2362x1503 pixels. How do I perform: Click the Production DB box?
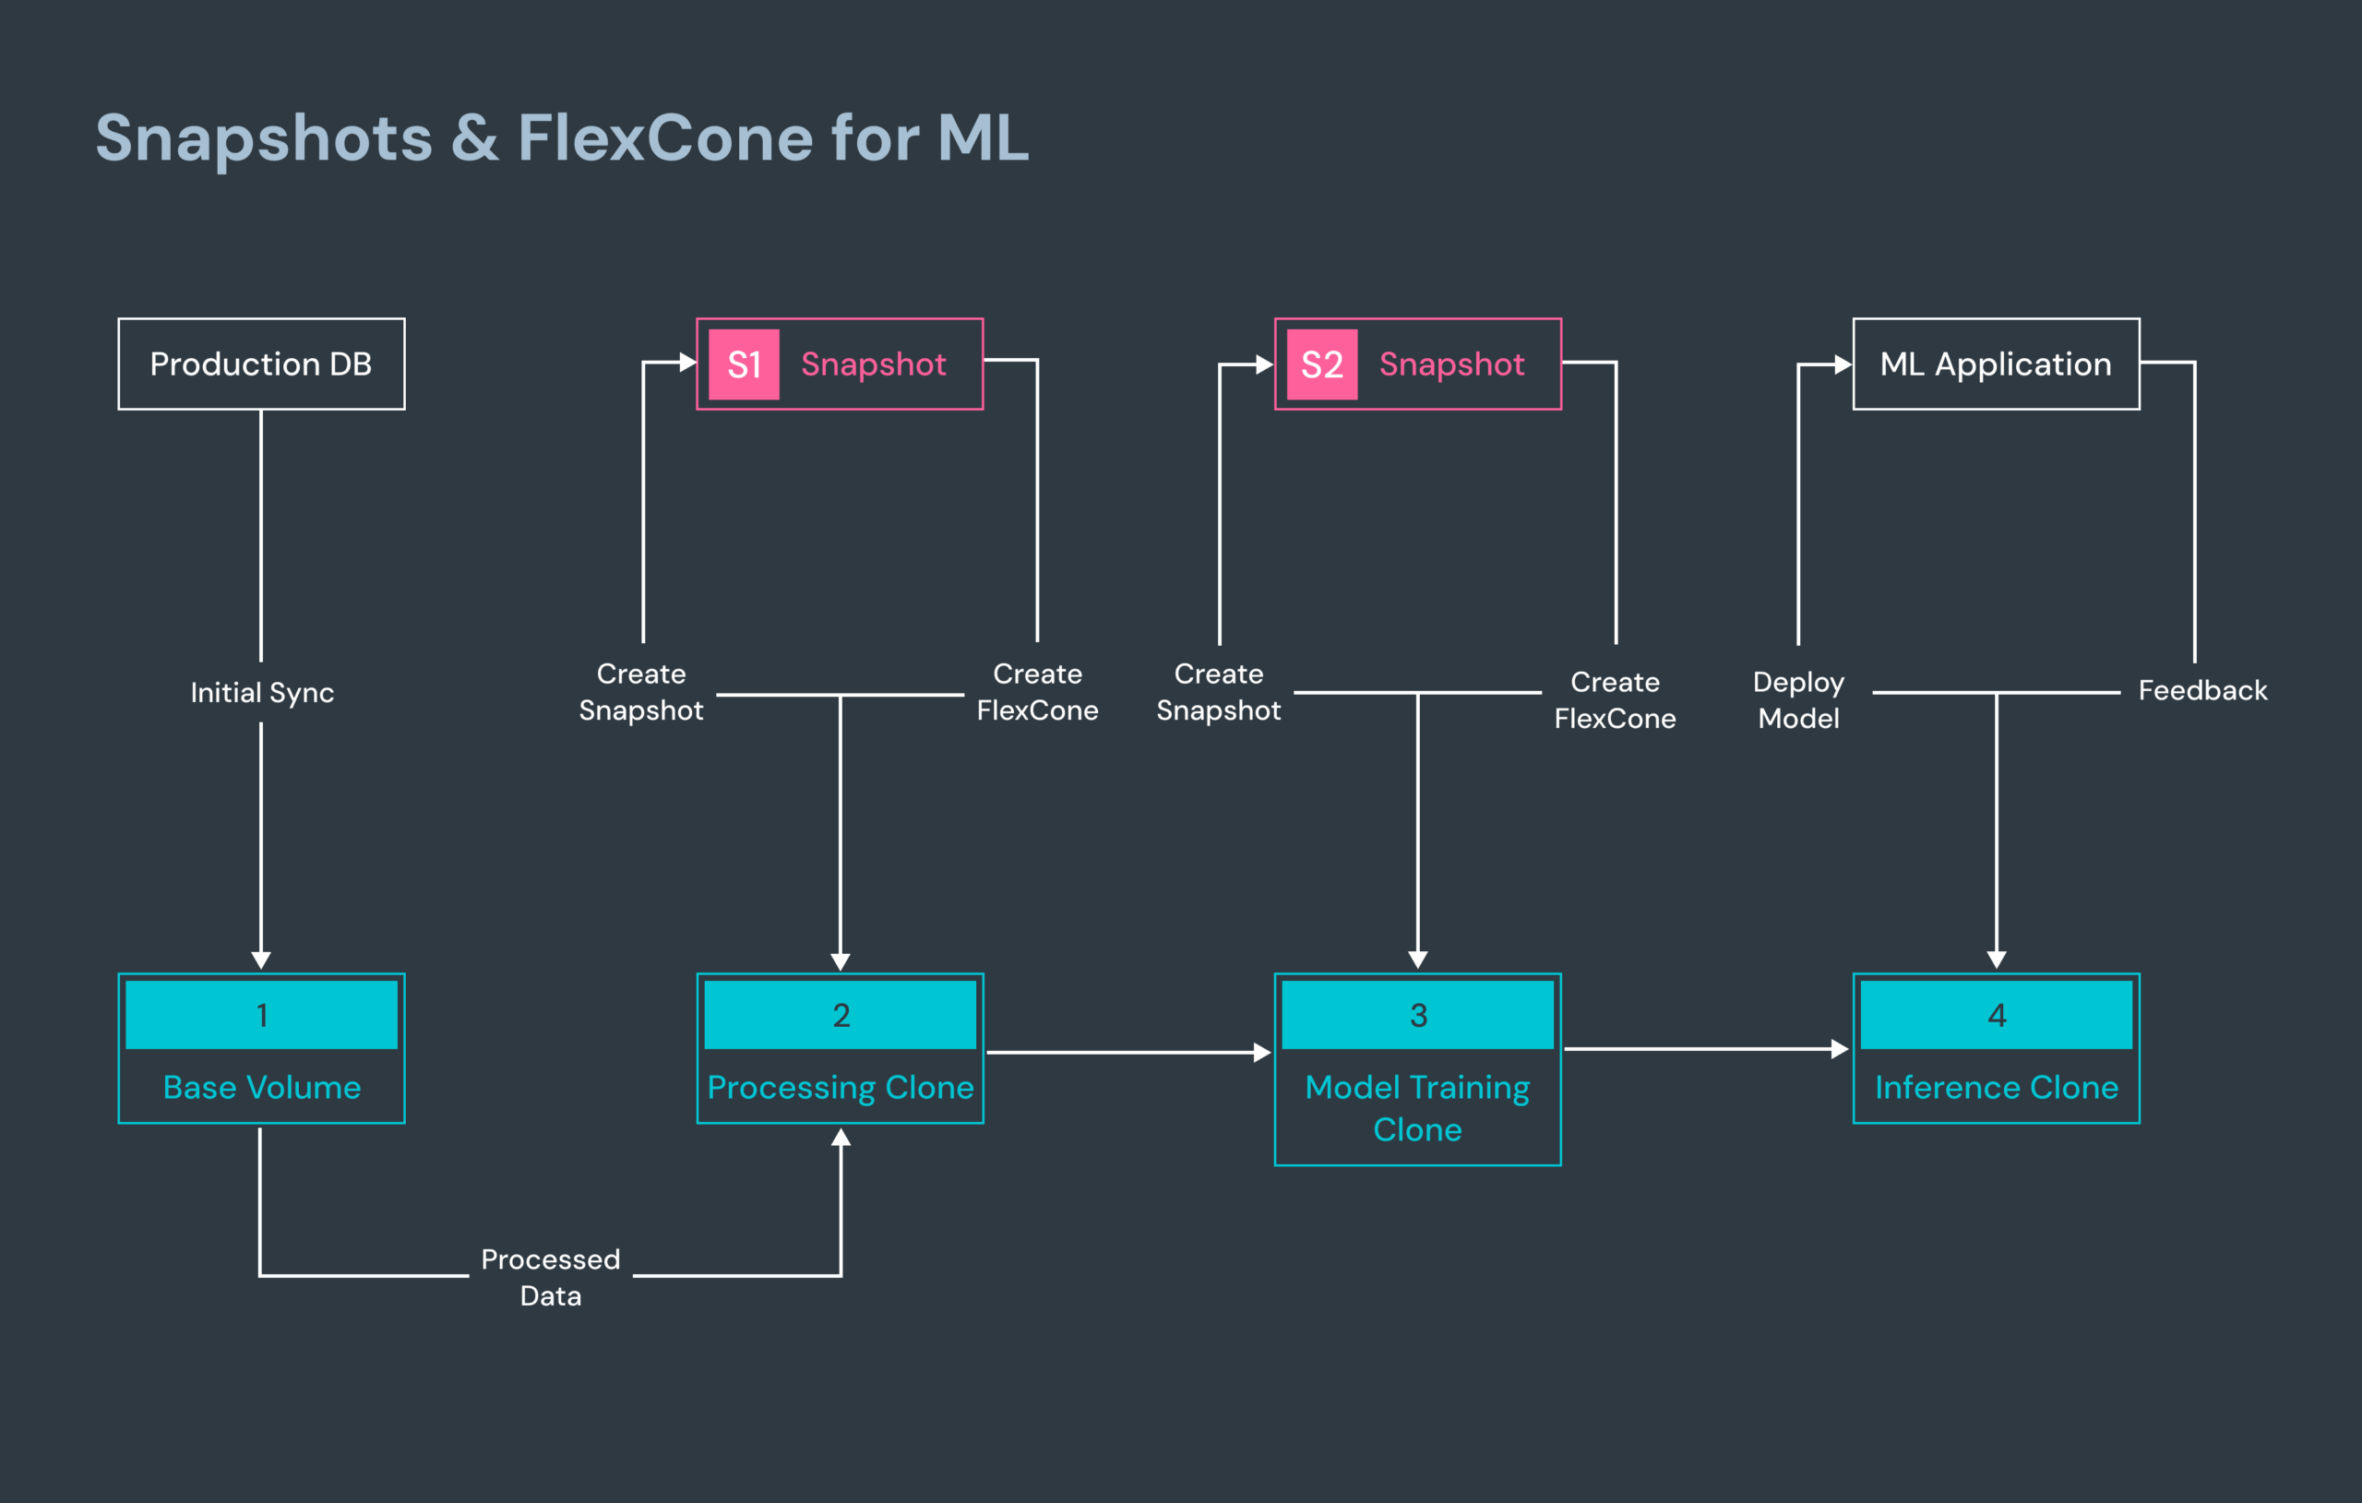pyautogui.click(x=261, y=364)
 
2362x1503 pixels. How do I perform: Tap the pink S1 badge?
pyautogui.click(x=744, y=365)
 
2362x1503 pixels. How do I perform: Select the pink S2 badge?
pyautogui.click(x=1321, y=365)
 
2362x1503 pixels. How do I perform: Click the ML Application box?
pyautogui.click(x=1995, y=364)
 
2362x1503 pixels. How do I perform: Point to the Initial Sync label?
pyautogui.click(x=262, y=693)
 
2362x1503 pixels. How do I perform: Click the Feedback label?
pyautogui.click(x=2202, y=691)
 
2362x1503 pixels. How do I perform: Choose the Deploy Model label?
pyautogui.click(x=1798, y=699)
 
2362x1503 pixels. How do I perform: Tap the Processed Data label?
pyautogui.click(x=550, y=1276)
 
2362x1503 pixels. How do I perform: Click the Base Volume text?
pyautogui.click(x=262, y=1087)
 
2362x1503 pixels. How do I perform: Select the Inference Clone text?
pyautogui.click(x=1996, y=1087)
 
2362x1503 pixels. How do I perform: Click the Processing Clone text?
pyautogui.click(x=840, y=1087)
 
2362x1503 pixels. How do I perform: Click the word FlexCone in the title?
pyautogui.click(x=665, y=137)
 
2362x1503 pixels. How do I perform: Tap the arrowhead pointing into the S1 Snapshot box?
pyautogui.click(x=687, y=362)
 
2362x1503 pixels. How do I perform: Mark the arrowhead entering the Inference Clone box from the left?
pyautogui.click(x=1840, y=1049)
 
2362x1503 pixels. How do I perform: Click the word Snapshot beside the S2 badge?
pyautogui.click(x=1450, y=365)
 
